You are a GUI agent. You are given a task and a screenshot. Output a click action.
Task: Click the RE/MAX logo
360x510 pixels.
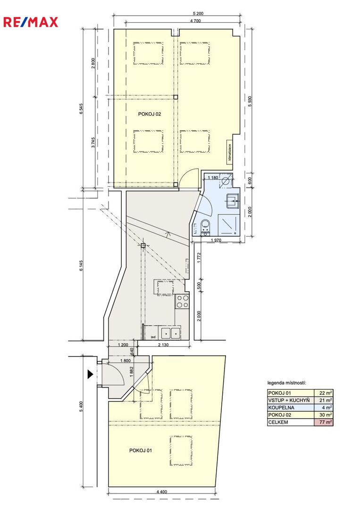[31, 23]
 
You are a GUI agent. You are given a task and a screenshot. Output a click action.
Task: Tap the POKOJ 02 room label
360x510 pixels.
[150, 114]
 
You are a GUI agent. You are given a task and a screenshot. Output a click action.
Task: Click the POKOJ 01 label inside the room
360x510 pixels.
[140, 450]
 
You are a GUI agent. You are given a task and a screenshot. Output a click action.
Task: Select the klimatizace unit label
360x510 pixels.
[230, 152]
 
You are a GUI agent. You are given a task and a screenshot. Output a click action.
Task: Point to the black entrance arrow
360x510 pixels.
[90, 374]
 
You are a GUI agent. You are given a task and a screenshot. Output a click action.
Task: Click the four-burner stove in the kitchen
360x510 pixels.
[182, 301]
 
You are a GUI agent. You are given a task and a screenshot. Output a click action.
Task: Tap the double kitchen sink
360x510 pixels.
[171, 333]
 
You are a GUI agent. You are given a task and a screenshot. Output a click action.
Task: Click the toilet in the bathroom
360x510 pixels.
[205, 226]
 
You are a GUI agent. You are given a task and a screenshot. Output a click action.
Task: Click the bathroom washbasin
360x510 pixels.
[233, 201]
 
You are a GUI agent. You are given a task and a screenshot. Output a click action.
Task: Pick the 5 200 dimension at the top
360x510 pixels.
[198, 14]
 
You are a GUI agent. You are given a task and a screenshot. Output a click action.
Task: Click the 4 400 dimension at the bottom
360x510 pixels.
[162, 492]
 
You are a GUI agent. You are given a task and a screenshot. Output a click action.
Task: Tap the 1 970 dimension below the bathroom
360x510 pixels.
[216, 240]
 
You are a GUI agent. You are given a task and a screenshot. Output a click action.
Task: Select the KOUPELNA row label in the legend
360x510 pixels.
[281, 408]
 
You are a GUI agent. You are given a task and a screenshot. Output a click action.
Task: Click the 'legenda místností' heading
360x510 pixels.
[286, 383]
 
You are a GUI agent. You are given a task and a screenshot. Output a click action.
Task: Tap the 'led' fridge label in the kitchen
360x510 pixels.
[153, 337]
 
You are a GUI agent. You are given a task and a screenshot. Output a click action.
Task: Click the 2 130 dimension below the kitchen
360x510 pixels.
[163, 345]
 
